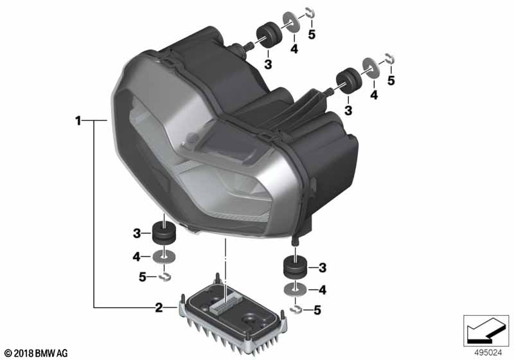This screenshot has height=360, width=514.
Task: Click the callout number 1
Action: [x=78, y=121]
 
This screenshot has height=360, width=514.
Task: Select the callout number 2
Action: [x=159, y=307]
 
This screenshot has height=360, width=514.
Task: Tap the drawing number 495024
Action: [x=488, y=353]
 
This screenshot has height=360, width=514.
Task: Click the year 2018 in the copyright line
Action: [x=24, y=353]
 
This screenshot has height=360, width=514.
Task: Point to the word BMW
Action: [x=45, y=353]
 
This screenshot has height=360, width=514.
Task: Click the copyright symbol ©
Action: [x=8, y=354]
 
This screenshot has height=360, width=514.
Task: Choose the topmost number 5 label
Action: [x=312, y=34]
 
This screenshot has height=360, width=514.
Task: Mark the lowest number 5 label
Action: [x=317, y=310]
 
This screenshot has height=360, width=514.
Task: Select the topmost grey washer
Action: [x=290, y=22]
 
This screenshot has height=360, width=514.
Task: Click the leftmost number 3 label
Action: [x=137, y=233]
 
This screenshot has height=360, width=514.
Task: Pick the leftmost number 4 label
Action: [x=136, y=256]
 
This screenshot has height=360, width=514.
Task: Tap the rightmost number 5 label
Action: [x=391, y=80]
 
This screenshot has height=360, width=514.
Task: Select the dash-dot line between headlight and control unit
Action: [x=226, y=269]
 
